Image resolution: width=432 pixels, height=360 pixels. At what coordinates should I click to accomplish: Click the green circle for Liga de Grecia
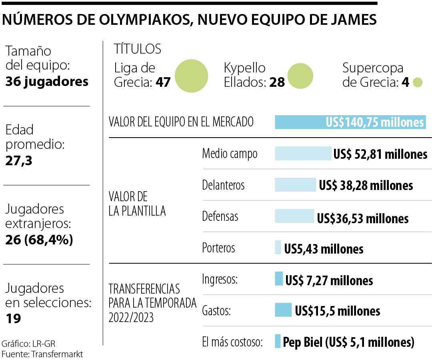pos(191,76)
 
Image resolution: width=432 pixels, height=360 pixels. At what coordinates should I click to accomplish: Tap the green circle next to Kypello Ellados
pos(300,76)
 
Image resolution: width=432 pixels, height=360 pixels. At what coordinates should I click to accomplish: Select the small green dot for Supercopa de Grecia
pos(418,82)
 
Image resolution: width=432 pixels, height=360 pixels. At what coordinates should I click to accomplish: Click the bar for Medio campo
pos(303,154)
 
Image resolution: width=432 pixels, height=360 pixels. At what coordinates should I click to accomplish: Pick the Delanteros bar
pos(295,185)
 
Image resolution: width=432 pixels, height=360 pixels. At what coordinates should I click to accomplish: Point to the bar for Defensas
pos(294,216)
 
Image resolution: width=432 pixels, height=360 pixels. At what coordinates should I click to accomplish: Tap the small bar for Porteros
pos(278,247)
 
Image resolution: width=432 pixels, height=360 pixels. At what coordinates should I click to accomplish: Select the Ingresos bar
pos(279,279)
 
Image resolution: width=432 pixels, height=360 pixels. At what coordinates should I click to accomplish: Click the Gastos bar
pos(283,310)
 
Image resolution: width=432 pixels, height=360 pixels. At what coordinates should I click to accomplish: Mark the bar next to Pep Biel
pos(278,341)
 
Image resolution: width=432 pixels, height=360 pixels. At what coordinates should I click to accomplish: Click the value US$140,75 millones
pos(374,122)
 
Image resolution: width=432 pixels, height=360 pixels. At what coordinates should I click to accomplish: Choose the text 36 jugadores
pos(47,82)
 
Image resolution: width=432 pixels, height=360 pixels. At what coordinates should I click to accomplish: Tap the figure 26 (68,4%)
pos(39,240)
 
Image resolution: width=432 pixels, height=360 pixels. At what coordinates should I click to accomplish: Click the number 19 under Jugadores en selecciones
pos(13,318)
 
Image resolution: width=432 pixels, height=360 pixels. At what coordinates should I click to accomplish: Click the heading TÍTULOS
pos(137,49)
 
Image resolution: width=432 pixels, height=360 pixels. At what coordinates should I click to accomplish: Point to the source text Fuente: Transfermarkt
pos(42,354)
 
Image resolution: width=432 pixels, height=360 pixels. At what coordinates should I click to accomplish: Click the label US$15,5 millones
pos(337,311)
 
